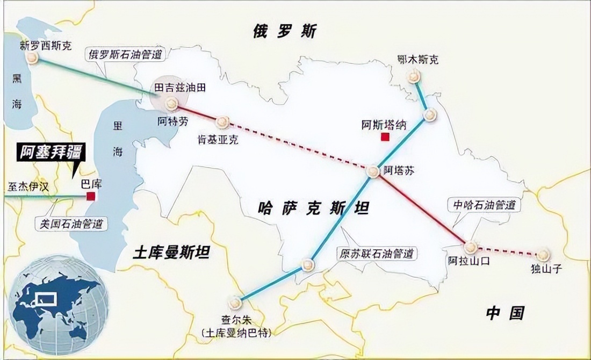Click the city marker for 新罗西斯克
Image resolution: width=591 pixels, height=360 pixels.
pyautogui.click(x=32, y=57)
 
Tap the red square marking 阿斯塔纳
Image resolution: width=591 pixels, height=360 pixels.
pyautogui.click(x=384, y=137)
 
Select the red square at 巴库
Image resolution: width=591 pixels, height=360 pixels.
pyautogui.click(x=91, y=196)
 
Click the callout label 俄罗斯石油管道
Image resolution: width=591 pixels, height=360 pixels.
pyautogui.click(x=126, y=54)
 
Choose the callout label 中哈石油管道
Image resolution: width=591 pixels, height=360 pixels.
pyautogui.click(x=484, y=205)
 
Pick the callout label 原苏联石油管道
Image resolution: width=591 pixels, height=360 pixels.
pyautogui.click(x=378, y=253)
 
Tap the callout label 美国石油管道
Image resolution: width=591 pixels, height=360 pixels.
pyautogui.click(x=71, y=223)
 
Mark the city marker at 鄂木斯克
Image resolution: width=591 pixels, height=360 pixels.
pyautogui.click(x=414, y=77)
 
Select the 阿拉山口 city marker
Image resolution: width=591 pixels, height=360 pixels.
pyautogui.click(x=471, y=247)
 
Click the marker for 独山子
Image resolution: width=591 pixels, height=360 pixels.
pyautogui.click(x=543, y=255)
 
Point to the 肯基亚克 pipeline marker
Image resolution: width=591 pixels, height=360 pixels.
pyautogui.click(x=223, y=123)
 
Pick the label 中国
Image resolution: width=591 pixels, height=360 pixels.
pyautogui.click(x=505, y=313)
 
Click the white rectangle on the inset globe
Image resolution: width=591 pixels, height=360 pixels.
pyautogui.click(x=44, y=297)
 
